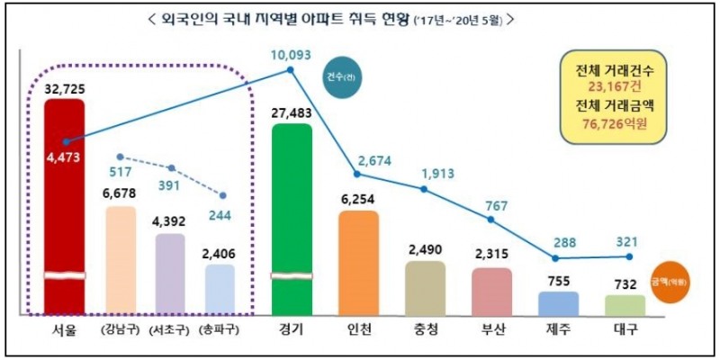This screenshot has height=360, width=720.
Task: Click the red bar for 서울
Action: click(65, 207)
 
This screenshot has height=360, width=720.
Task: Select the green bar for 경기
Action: click(292, 216)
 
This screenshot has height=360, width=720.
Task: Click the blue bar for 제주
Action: click(558, 302)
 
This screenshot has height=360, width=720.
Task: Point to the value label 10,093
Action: click(290, 55)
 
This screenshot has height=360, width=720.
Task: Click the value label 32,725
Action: click(66, 87)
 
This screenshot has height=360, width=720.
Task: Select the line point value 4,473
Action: click(66, 158)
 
